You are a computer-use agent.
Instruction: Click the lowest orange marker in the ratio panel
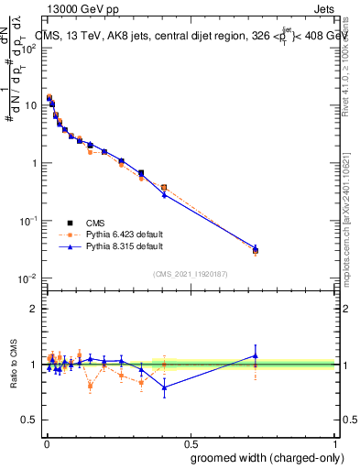[90, 386]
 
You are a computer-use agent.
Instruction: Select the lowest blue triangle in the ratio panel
[164, 387]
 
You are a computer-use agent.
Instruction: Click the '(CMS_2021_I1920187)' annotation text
[190, 273]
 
